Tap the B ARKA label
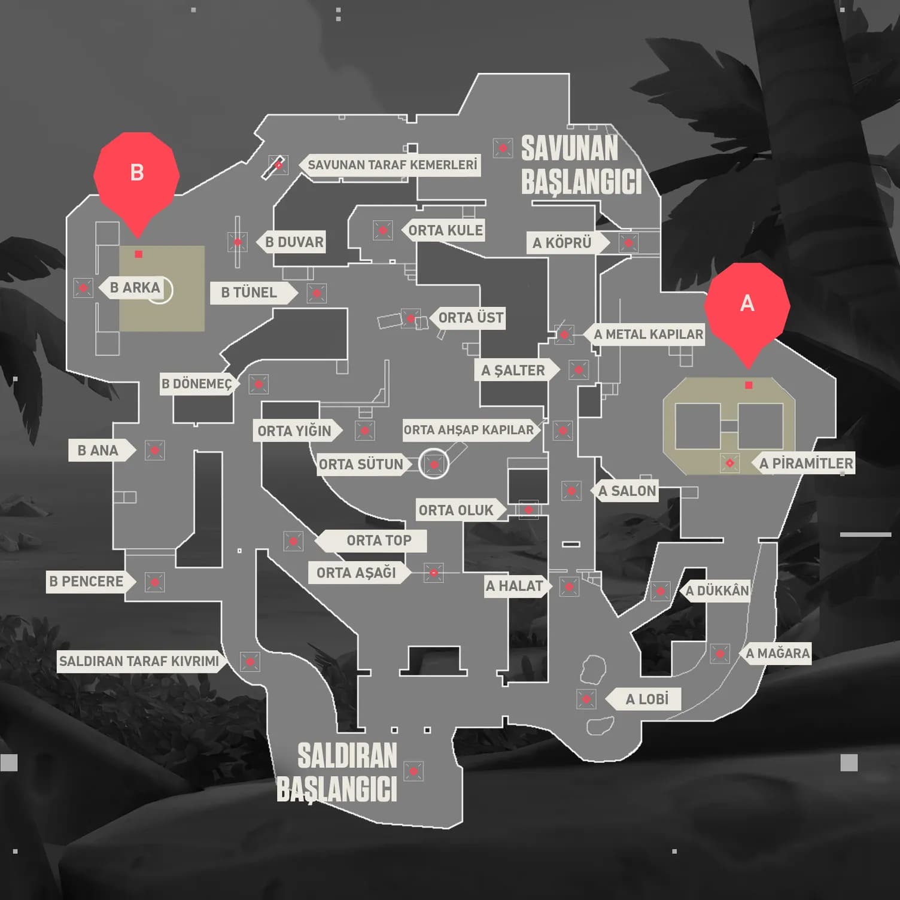click(135, 288)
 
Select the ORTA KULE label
click(445, 230)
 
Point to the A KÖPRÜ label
click(562, 242)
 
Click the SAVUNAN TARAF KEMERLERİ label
click(393, 165)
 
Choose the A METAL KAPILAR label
click(648, 335)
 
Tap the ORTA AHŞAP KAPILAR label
click(469, 430)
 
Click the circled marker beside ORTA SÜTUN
click(434, 464)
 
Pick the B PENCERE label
click(86, 582)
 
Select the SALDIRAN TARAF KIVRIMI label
click(139, 661)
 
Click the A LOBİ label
click(646, 699)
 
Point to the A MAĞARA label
click(777, 653)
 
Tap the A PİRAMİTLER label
click(806, 463)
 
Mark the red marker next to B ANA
click(155, 450)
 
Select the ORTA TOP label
click(379, 540)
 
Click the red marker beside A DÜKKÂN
click(660, 591)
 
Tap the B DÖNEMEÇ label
click(196, 384)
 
